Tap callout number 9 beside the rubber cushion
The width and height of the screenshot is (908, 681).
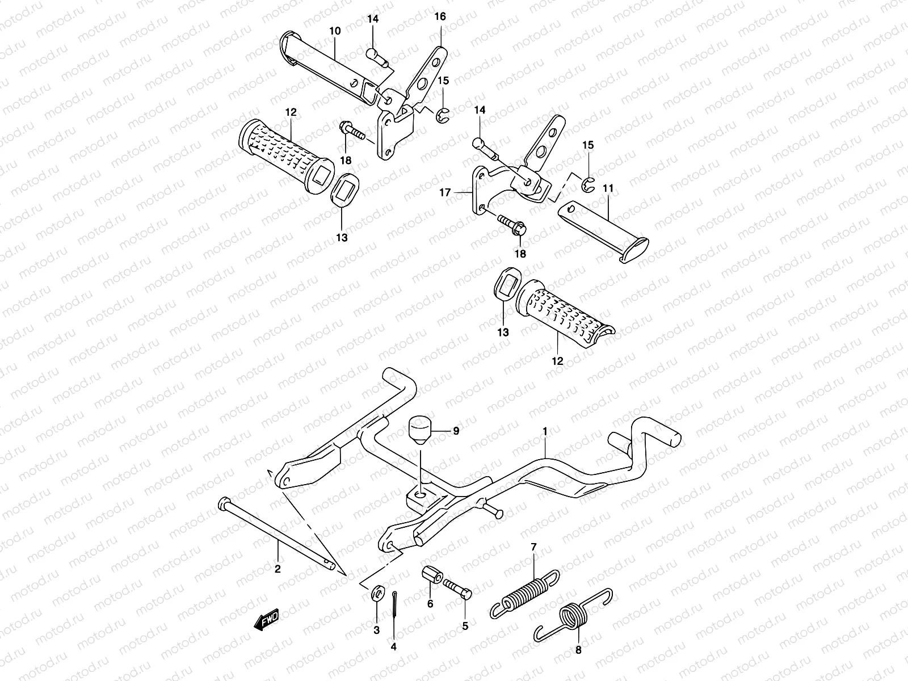pos(456,431)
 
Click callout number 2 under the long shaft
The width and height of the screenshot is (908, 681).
pos(278,569)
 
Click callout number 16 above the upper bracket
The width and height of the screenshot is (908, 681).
pos(440,17)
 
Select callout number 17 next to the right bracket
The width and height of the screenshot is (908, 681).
pos(445,193)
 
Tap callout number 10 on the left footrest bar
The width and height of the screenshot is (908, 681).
pos(335,31)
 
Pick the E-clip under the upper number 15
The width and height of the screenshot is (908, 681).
pos(443,117)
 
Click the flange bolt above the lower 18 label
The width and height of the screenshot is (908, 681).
pos(511,224)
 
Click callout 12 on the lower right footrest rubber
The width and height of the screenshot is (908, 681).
pos(557,360)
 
